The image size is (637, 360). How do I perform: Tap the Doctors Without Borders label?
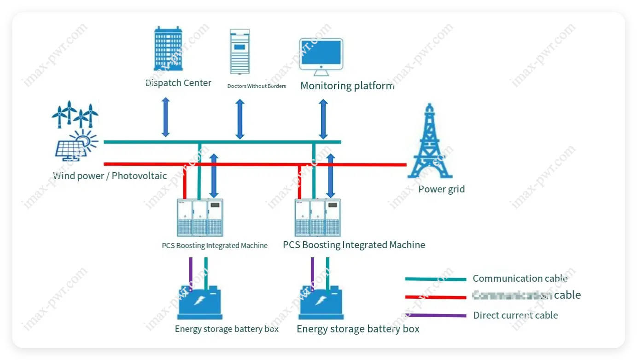(x=257, y=86)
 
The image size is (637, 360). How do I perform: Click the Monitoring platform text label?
(x=347, y=86)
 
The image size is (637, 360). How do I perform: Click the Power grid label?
(x=441, y=189)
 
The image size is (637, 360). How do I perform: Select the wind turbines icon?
(x=75, y=114)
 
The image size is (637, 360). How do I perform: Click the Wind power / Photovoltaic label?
(x=110, y=176)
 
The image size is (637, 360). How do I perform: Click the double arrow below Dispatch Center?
(x=166, y=117)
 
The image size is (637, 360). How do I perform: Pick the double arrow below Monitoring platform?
(x=323, y=119)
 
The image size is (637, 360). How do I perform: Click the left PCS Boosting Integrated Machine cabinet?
(x=200, y=218)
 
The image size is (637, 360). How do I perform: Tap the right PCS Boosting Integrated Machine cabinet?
(x=317, y=218)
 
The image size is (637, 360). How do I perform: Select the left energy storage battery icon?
(x=200, y=302)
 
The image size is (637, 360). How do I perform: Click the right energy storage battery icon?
(x=321, y=302)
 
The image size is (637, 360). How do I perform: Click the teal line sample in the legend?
(x=435, y=279)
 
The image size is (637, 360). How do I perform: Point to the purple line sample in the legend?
(x=435, y=315)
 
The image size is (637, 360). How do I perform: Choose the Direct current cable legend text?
(x=515, y=315)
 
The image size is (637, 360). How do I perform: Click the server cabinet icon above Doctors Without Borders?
(x=240, y=52)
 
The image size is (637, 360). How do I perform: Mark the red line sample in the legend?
(x=435, y=297)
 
